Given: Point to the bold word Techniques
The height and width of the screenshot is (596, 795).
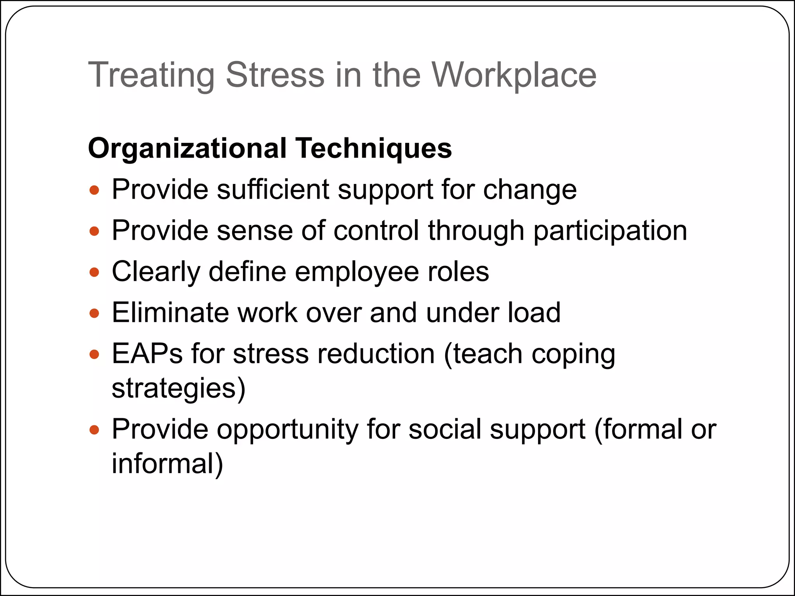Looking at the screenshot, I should [374, 148].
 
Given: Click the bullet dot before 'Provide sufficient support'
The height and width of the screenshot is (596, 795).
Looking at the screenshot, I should [94, 191].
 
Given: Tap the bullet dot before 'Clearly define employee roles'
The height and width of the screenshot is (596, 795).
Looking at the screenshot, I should [94, 272].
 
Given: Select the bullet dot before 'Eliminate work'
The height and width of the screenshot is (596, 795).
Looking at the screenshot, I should [94, 313].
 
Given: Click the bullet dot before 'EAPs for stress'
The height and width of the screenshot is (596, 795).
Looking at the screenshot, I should [94, 354].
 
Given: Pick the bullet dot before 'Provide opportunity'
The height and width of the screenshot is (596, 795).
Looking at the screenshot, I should [94, 430].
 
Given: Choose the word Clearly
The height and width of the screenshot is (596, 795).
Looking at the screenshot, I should [156, 272].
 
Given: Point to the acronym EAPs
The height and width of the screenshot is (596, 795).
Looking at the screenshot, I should [147, 353].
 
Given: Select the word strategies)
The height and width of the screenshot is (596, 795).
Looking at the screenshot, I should [179, 388].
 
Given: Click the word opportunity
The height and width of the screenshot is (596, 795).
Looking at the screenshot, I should [287, 430].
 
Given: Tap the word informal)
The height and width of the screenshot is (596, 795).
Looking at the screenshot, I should [167, 464].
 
